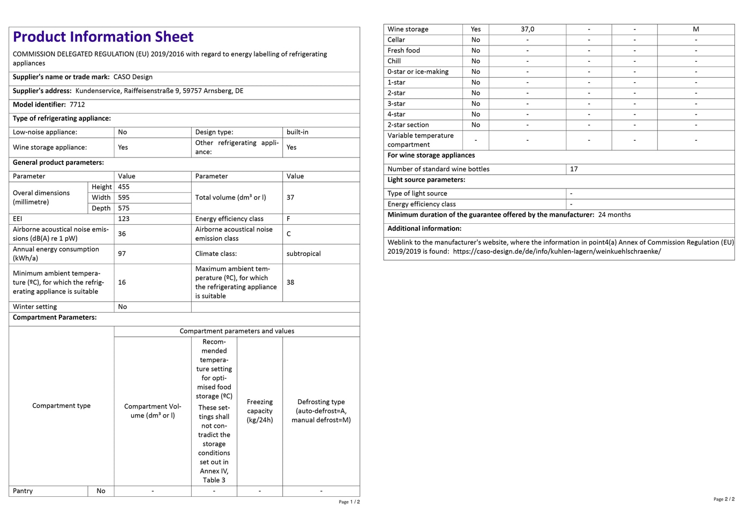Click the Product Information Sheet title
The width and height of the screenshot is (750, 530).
pos(103,37)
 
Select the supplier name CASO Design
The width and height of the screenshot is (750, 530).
pos(133,77)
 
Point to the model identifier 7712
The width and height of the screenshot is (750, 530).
pos(77,105)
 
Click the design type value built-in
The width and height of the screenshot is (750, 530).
pos(297,132)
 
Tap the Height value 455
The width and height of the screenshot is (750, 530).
pos(124,187)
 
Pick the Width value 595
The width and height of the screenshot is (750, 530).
pos(124,198)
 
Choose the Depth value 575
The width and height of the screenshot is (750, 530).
pos(124,208)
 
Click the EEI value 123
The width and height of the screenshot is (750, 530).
pos(124,219)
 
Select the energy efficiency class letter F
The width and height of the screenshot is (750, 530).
pos(289,219)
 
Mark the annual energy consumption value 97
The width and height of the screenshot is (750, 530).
pos(122,254)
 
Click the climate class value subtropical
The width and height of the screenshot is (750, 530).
pos(303,254)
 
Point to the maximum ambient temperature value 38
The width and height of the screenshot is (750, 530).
pos(290,282)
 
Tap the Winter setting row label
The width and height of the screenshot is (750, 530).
pos(35,307)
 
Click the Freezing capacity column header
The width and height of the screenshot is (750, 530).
pos(260,411)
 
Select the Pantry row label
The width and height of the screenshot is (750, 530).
pos(23,491)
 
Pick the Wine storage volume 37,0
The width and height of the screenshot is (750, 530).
pos(528,29)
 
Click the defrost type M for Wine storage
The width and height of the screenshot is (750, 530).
pos(696,29)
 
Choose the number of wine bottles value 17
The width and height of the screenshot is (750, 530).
pos(574,169)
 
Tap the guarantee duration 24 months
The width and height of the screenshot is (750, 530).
pos(614,215)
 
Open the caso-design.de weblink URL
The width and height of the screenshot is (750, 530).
pos(557,252)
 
